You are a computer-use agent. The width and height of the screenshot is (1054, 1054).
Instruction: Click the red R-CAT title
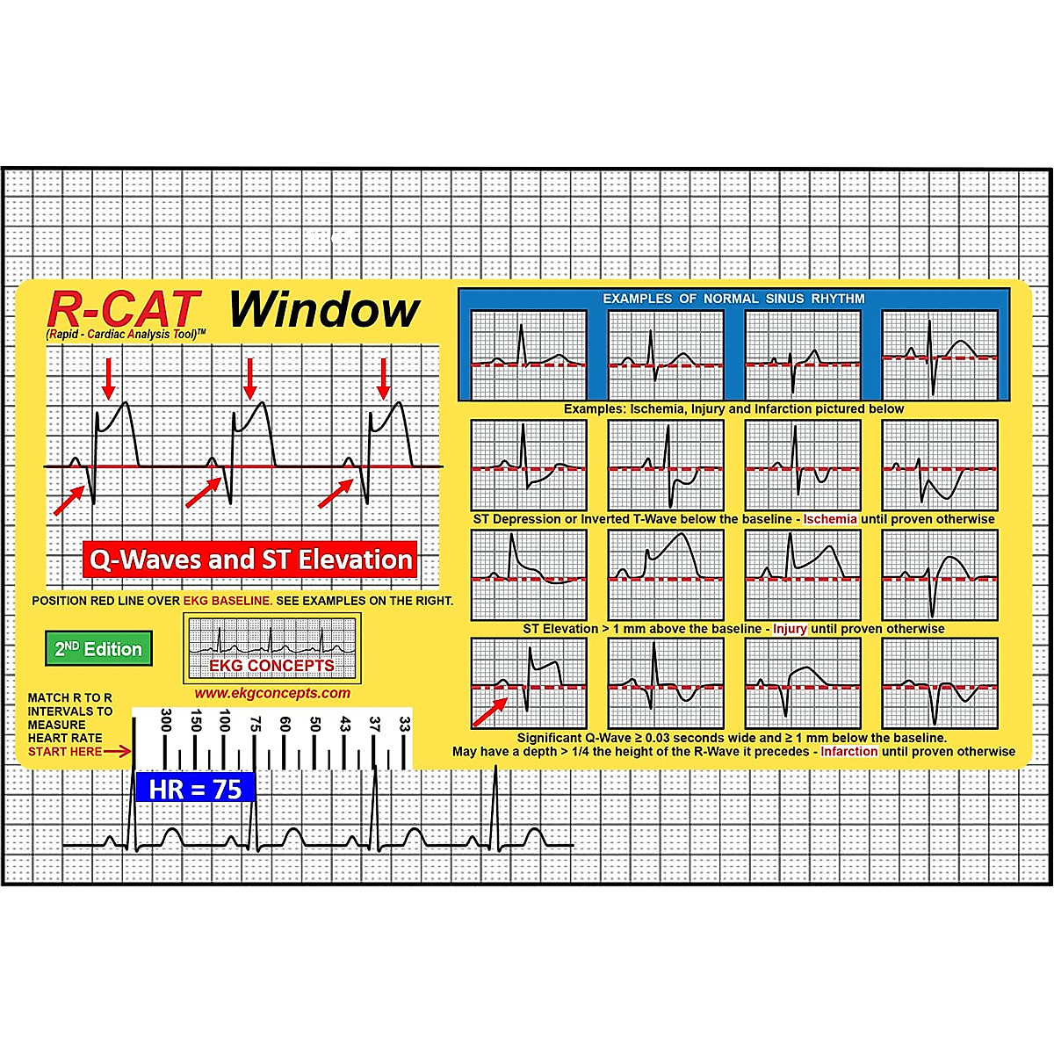pos(124,309)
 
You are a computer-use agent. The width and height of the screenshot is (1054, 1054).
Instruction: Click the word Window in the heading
pos(324,310)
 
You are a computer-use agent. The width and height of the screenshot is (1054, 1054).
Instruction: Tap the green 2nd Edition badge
pos(98,649)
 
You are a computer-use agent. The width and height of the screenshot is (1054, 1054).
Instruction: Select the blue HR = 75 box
pos(194,789)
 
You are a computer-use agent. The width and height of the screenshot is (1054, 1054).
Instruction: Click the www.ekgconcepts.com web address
pos(272,693)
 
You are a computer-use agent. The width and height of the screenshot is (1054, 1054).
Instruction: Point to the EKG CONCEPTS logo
pos(271,648)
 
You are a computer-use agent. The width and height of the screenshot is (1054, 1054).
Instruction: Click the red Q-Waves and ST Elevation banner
pos(250,559)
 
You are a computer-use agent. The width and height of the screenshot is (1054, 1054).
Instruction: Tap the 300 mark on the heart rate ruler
pos(165,721)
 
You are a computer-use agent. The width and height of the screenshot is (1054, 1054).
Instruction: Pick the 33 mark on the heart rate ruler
pos(404,725)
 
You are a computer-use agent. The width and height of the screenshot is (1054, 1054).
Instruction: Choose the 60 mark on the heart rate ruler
pos(285,725)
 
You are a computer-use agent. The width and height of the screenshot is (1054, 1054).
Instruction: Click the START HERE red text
pos(64,752)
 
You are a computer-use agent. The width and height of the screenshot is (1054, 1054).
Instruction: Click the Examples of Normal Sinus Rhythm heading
pos(733,299)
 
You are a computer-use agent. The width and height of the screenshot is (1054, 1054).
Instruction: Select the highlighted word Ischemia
pos(829,519)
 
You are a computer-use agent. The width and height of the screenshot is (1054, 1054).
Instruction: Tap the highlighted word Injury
pos(790,629)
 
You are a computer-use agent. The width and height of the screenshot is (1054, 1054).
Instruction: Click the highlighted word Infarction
pos(848,752)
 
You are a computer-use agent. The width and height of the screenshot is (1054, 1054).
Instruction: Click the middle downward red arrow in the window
pos(250,378)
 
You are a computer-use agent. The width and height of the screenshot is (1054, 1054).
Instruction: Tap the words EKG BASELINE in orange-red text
pos(227,601)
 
